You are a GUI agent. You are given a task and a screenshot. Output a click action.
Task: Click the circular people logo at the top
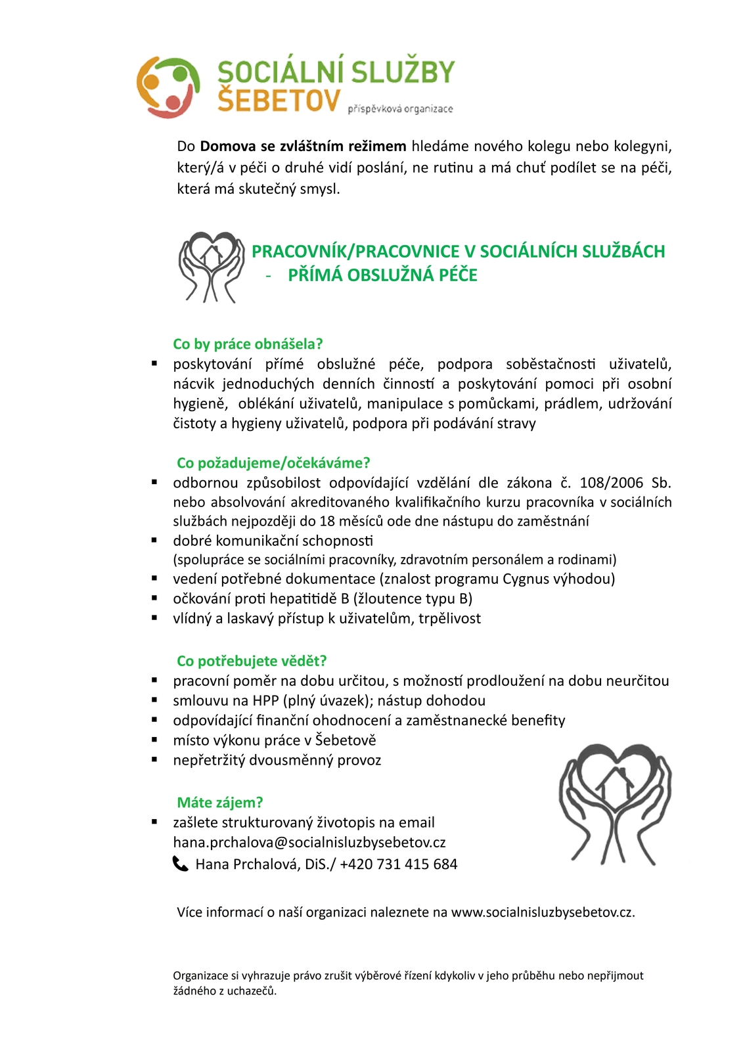[x=168, y=87]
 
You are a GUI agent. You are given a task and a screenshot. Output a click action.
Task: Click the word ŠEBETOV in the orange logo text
[x=279, y=100]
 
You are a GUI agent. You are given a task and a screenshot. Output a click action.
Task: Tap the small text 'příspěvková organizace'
[x=400, y=109]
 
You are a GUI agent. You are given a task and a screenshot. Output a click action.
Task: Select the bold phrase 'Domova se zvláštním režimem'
[x=303, y=146]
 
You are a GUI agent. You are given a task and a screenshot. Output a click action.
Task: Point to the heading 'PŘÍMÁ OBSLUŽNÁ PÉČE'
[x=382, y=275]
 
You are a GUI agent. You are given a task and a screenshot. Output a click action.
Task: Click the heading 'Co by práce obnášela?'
[x=248, y=344]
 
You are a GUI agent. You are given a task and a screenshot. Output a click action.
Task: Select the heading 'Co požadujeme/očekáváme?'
[x=273, y=463]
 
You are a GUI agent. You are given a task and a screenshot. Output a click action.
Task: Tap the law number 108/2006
[x=611, y=483]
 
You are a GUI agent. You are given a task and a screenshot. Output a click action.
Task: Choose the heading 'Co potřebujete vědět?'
[x=252, y=661]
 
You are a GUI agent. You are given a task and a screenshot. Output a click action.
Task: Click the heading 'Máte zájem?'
[x=220, y=803]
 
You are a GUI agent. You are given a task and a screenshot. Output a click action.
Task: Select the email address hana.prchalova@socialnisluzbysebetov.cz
[x=309, y=842]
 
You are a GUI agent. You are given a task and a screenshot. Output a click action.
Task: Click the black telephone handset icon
[x=180, y=864]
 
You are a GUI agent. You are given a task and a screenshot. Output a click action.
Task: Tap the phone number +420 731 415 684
[x=398, y=864]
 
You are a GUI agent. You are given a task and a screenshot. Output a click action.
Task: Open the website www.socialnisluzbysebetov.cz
[x=542, y=912]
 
